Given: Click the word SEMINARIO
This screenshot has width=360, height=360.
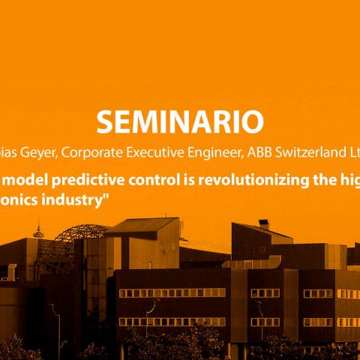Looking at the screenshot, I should [180, 121].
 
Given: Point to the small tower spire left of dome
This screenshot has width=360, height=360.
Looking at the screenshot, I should [39, 229].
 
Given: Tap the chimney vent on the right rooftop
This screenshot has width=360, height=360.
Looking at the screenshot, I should [264, 224].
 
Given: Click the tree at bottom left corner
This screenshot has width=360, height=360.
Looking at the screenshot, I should [19, 349].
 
